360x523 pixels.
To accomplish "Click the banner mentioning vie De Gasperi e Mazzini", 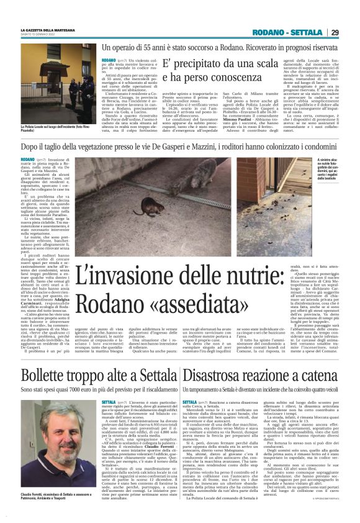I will pyautogui.click(x=179, y=147).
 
